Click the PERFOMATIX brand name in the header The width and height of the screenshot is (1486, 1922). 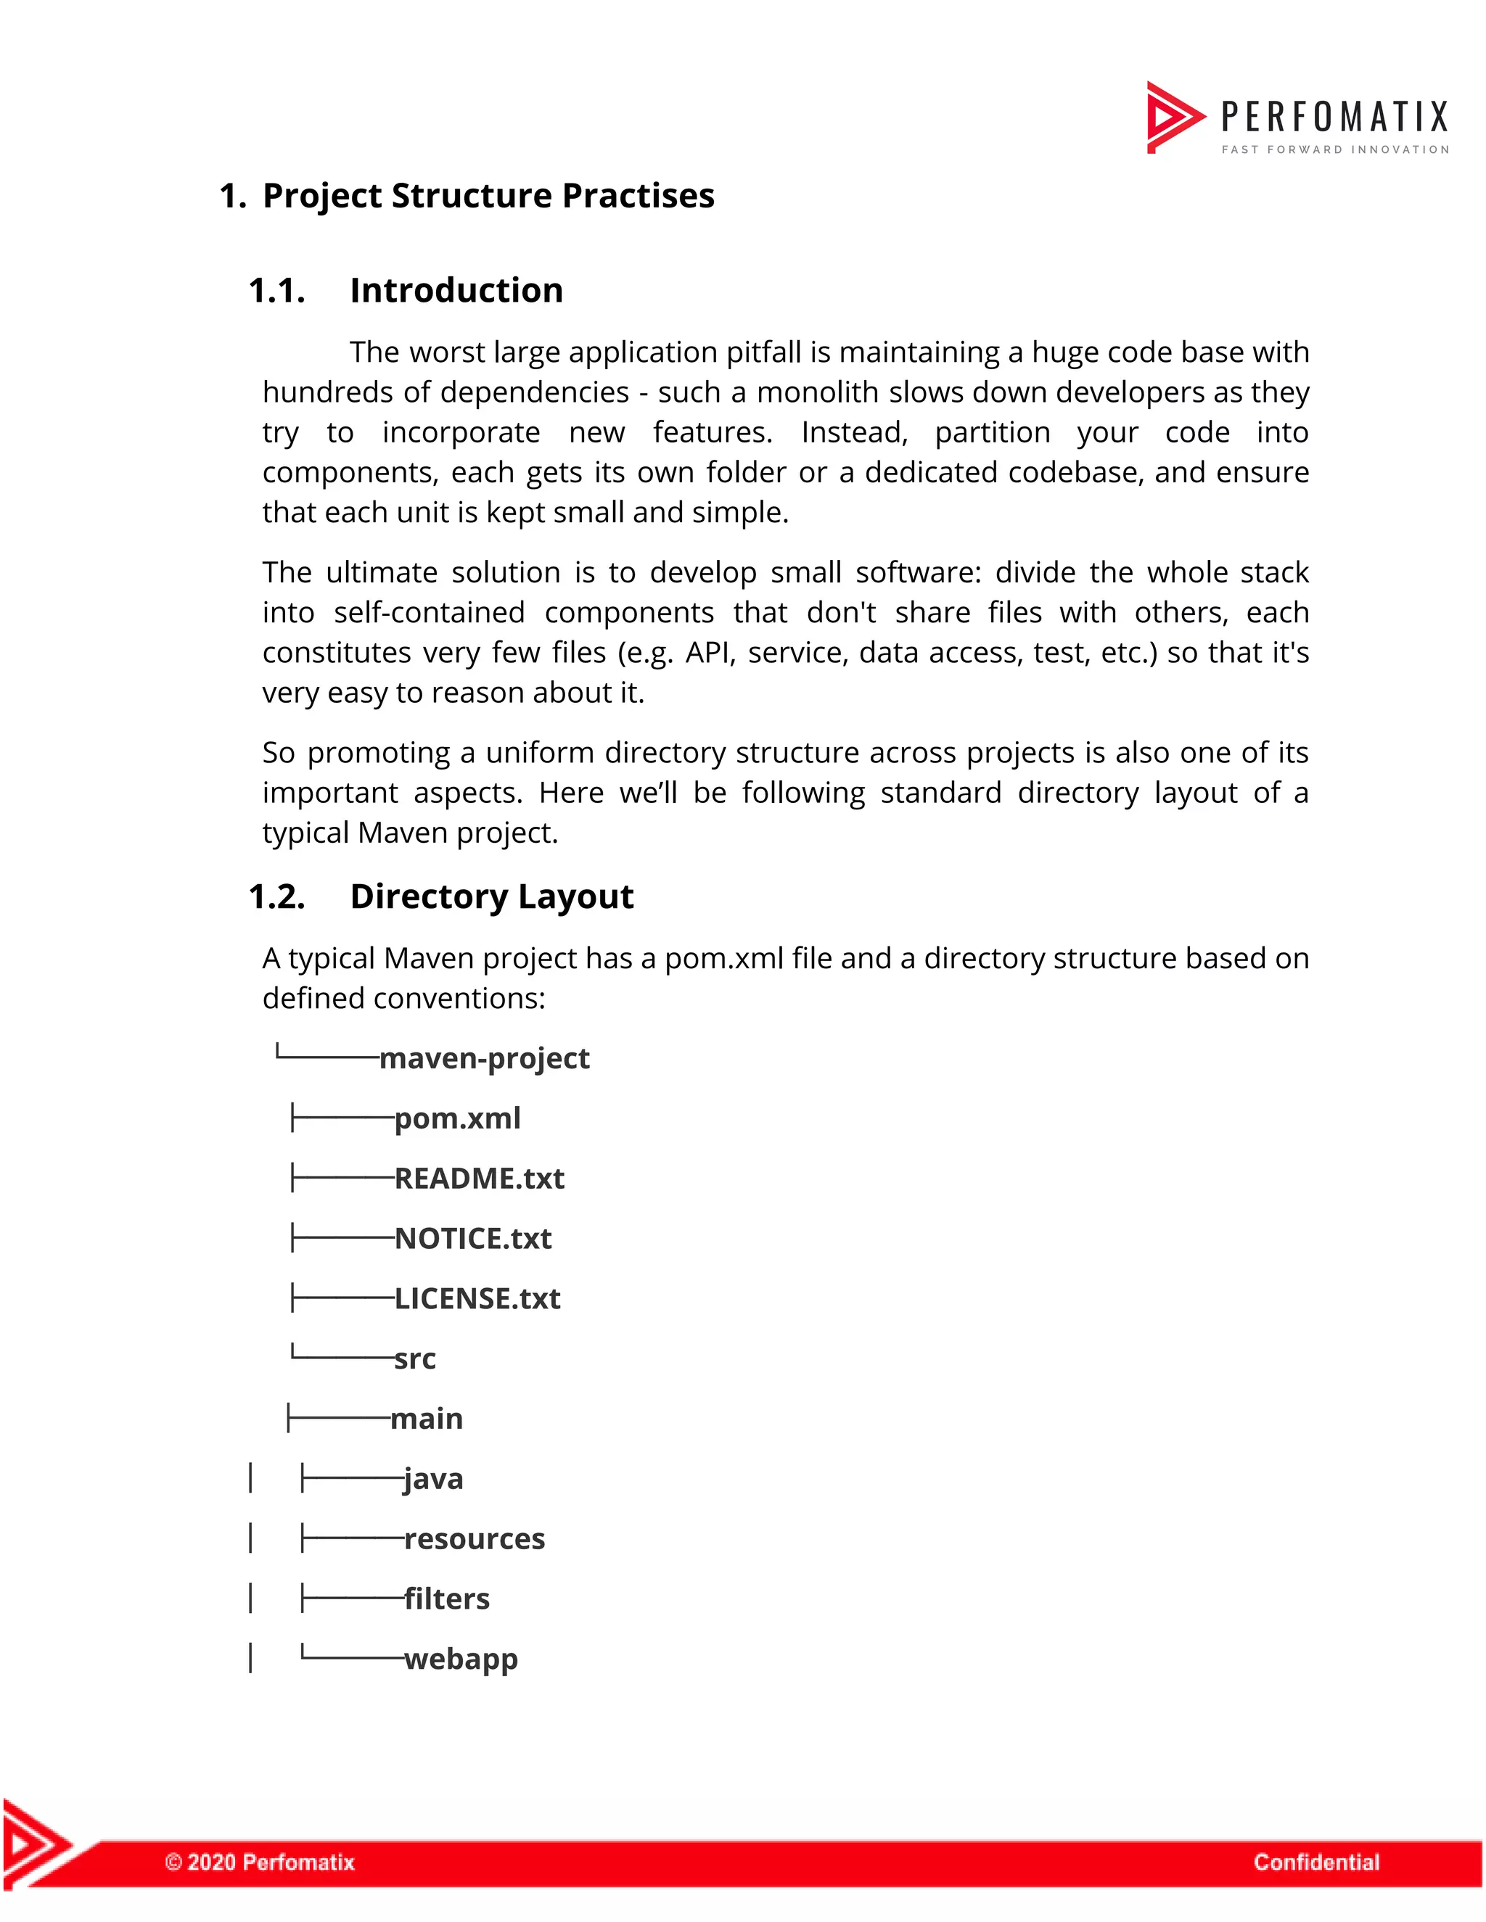pos(1334,116)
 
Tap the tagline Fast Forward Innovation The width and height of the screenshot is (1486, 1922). pos(1334,149)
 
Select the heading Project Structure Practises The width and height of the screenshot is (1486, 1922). pos(488,195)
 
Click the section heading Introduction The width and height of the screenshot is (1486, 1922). pos(456,290)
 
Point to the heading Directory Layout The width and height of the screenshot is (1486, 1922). pos(491,896)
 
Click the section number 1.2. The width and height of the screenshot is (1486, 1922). pos(276,896)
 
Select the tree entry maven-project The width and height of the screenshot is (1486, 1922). pos(484,1057)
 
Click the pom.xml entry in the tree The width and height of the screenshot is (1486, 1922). pos(457,1118)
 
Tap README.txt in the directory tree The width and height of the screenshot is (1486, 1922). pos(479,1179)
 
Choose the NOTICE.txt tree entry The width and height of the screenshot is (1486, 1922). pos(473,1238)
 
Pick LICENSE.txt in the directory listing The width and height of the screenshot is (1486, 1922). pos(477,1299)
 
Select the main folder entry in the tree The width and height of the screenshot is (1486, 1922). pos(426,1419)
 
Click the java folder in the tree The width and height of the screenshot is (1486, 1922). pos(433,1480)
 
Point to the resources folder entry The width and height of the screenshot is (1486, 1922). pos(475,1539)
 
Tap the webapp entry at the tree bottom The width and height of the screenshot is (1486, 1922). pos(461,1659)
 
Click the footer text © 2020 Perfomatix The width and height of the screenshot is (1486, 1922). pos(260,1862)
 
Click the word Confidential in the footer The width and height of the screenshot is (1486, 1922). pos(1316,1862)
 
